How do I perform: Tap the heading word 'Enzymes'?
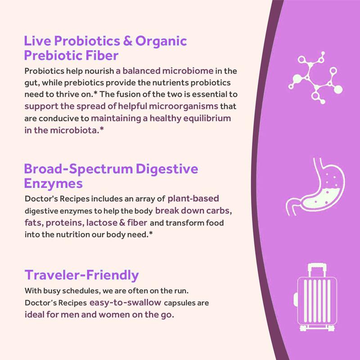(53, 184)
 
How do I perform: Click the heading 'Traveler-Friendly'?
(81, 275)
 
